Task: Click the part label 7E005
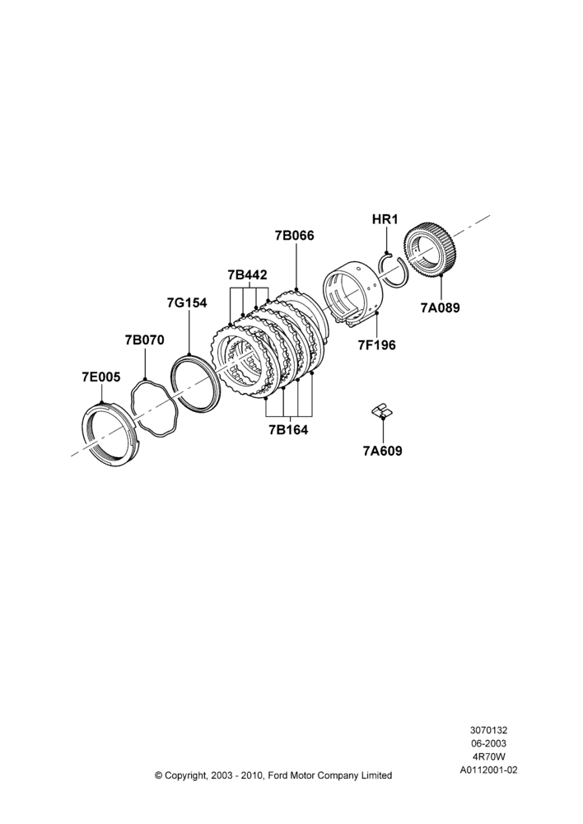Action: point(100,377)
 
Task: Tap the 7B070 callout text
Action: point(144,340)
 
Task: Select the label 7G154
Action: point(187,302)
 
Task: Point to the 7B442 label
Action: point(247,275)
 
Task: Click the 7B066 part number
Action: point(295,236)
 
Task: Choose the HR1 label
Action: point(385,219)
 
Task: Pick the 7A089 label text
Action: point(441,308)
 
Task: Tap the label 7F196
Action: point(376,345)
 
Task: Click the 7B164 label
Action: point(288,430)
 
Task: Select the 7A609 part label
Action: point(382,451)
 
